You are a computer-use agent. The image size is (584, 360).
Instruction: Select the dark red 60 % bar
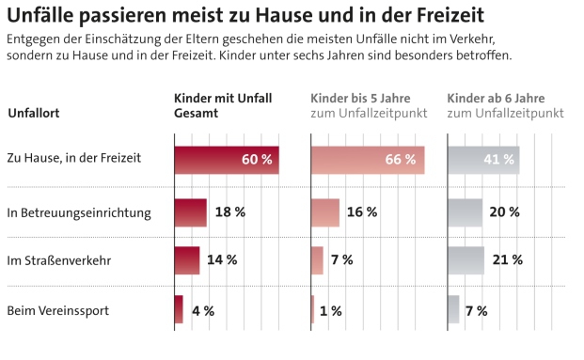point(226,160)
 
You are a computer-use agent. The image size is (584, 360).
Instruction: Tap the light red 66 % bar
point(367,160)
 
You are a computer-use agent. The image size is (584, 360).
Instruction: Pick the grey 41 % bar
point(482,160)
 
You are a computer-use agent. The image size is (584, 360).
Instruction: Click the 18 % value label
point(230,212)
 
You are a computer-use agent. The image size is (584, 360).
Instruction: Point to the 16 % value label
point(362,212)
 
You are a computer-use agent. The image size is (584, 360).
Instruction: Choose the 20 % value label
point(504,212)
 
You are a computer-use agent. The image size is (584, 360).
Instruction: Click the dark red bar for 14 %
point(186,260)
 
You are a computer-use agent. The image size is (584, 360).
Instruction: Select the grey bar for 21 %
point(466,260)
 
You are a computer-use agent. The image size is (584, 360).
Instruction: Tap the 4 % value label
point(203,310)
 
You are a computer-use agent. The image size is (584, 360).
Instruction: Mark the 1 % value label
point(331,310)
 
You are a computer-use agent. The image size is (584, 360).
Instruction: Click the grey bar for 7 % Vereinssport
point(453,309)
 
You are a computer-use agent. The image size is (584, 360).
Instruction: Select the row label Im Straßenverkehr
point(59,260)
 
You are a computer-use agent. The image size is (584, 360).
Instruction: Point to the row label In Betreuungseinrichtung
point(79,212)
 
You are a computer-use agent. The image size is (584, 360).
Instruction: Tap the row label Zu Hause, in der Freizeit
point(73,158)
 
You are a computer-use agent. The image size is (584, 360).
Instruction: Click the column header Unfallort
point(34,114)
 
